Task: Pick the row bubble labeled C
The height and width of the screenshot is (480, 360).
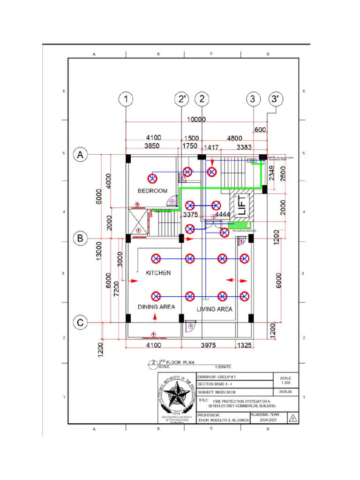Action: point(81,322)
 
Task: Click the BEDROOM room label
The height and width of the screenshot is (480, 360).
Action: point(152,191)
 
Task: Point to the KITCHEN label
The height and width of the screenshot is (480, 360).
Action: point(158,272)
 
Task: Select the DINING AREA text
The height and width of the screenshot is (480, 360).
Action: point(156,307)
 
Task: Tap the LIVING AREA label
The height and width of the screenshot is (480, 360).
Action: point(214,309)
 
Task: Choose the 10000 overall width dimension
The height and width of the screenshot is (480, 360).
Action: point(196,120)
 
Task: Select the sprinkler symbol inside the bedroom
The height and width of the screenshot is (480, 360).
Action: point(152,178)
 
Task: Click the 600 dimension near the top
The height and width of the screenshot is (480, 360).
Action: point(261,129)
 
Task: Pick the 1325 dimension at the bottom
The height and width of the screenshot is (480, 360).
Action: point(244,345)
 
